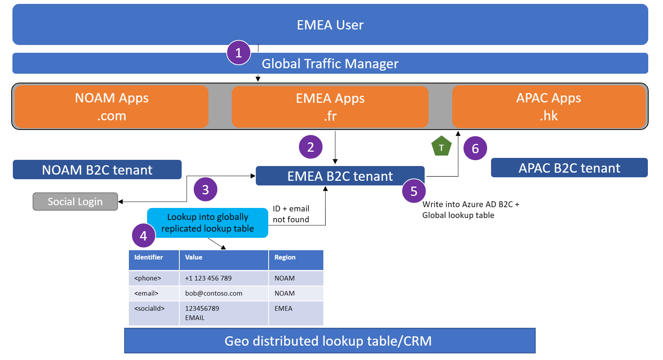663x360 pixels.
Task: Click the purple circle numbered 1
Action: pos(238,52)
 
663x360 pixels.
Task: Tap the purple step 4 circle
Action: pos(143,235)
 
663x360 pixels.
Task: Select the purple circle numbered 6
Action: pos(475,148)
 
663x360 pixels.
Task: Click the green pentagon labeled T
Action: pos(441,147)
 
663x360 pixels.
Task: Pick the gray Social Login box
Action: pos(75,202)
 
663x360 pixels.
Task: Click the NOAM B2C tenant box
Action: pos(97,170)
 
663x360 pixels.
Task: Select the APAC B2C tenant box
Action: pos(569,168)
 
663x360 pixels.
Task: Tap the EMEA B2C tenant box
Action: pos(340,176)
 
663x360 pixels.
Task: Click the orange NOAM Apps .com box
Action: pos(111,107)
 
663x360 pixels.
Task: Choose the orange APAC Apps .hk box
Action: pos(548,107)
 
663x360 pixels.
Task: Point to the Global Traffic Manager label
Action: pos(330,64)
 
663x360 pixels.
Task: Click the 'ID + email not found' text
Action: pos(291,214)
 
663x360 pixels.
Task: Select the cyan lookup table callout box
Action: pos(208,223)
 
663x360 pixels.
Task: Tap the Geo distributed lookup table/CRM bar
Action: pos(330,341)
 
